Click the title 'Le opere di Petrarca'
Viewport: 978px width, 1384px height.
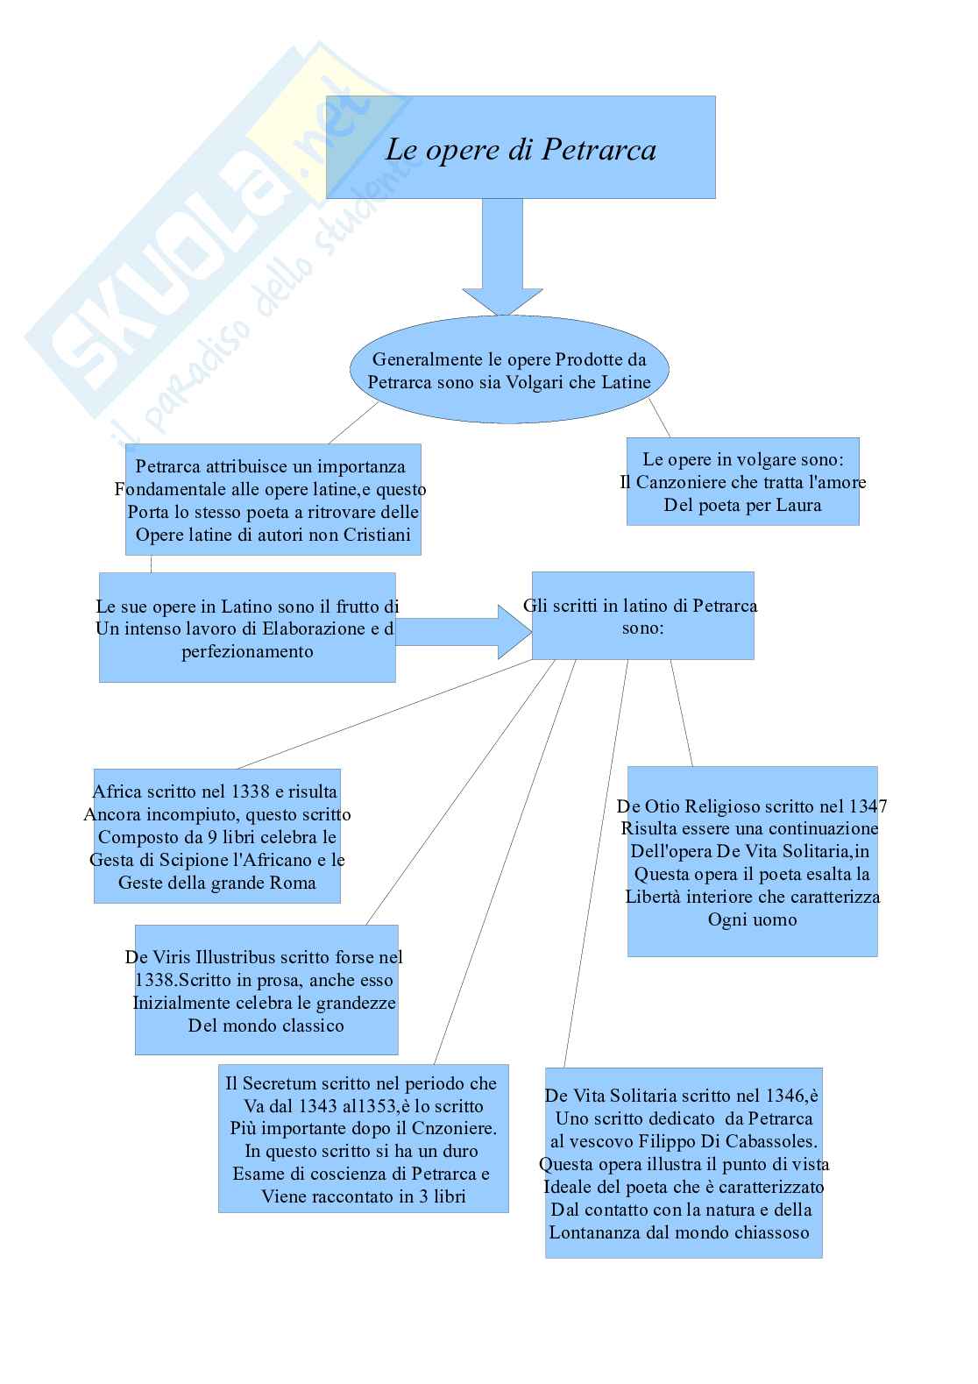(521, 149)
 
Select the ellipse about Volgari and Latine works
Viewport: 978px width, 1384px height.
(509, 370)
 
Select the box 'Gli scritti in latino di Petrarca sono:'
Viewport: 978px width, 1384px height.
(642, 615)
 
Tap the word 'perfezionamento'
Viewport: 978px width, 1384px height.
(247, 651)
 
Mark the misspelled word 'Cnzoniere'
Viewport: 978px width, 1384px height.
(453, 1129)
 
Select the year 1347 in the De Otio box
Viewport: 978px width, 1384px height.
(868, 806)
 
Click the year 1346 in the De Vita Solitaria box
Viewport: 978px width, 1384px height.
(787, 1096)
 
